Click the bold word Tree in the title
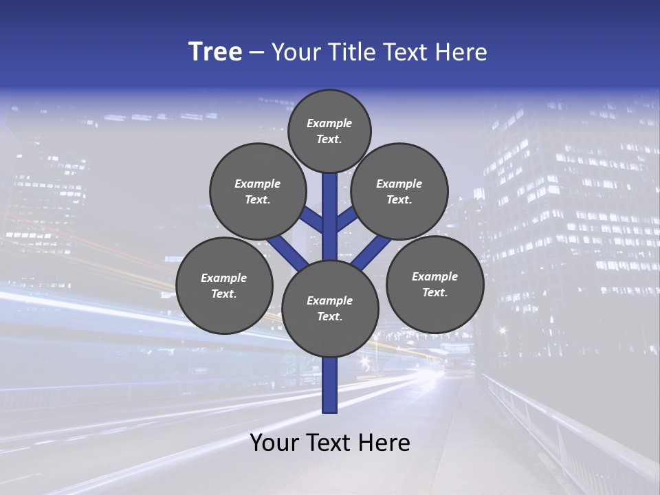point(215,52)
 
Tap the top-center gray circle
point(329,131)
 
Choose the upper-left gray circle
point(258,191)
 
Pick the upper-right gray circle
point(399,191)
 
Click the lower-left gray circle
point(224,285)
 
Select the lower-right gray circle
point(434,284)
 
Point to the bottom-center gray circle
point(330,309)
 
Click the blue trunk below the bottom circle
point(330,385)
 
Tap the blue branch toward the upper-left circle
point(311,219)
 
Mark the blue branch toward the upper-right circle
point(347,219)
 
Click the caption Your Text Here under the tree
point(330,443)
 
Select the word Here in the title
point(463,52)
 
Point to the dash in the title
point(256,53)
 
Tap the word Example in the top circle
point(329,123)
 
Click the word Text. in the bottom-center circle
point(329,317)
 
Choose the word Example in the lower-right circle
point(434,276)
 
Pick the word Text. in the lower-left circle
point(223,294)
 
